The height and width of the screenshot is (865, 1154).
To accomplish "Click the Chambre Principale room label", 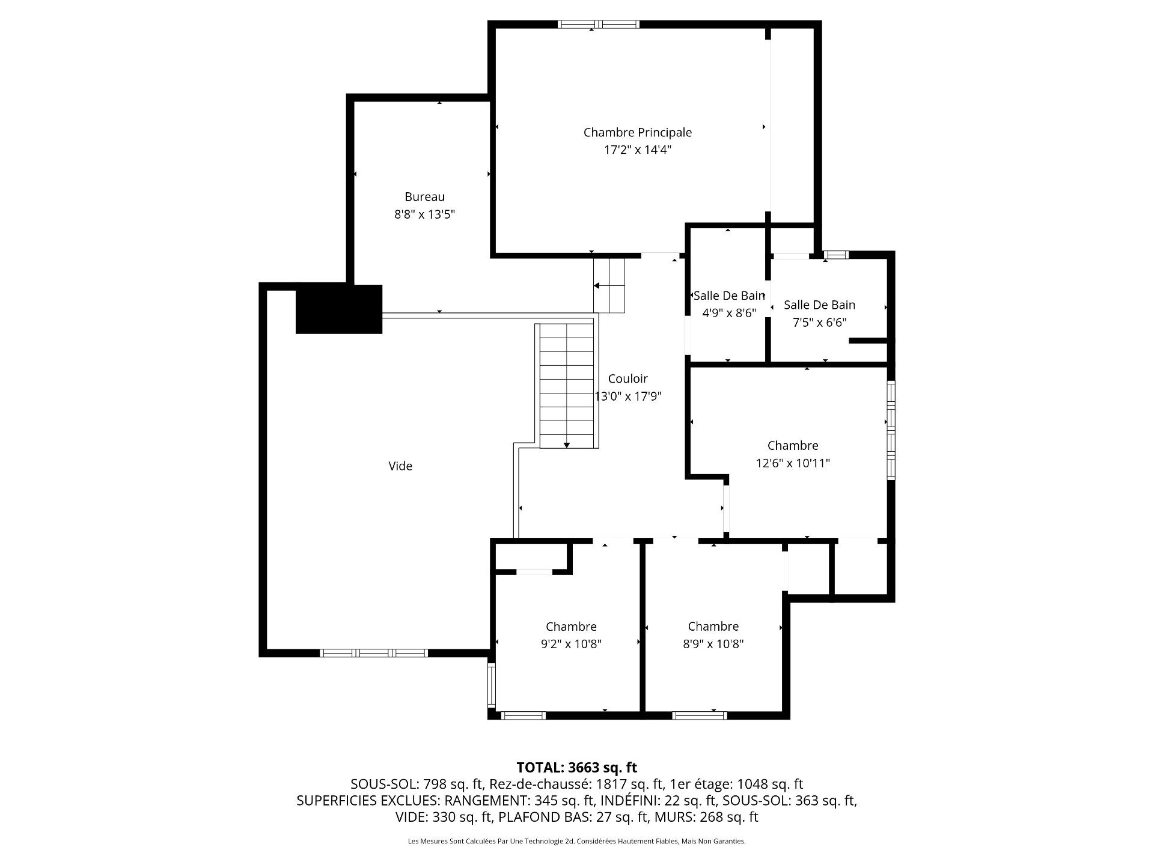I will click(x=637, y=132).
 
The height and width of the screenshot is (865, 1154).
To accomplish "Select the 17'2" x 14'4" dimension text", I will click(x=637, y=150).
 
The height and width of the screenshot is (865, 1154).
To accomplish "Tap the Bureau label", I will click(x=424, y=196).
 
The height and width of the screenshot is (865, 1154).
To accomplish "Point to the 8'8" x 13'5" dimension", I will click(x=424, y=214).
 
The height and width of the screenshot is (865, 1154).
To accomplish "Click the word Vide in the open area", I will click(x=400, y=466).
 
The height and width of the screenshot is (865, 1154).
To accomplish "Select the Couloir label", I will click(x=627, y=378).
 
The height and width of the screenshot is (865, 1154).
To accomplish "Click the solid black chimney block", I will click(x=339, y=309).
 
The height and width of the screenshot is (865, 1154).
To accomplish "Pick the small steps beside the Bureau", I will click(x=609, y=285).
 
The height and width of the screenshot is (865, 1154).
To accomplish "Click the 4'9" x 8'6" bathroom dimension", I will click(x=728, y=313).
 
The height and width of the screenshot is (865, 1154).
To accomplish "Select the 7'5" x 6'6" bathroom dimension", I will click(x=819, y=323).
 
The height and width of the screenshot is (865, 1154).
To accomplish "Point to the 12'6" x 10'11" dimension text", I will click(x=792, y=463).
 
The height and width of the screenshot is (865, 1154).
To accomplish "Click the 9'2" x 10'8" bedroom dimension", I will click(x=571, y=644).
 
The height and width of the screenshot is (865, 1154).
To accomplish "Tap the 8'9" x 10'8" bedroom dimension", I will click(x=713, y=644).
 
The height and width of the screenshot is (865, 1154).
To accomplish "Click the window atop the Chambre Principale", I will click(x=597, y=25).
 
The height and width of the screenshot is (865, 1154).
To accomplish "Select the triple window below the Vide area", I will click(x=373, y=653).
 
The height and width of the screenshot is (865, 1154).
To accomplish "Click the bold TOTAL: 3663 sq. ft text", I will click(x=576, y=767).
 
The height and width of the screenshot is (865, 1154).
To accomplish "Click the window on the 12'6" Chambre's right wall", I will click(x=891, y=429).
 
